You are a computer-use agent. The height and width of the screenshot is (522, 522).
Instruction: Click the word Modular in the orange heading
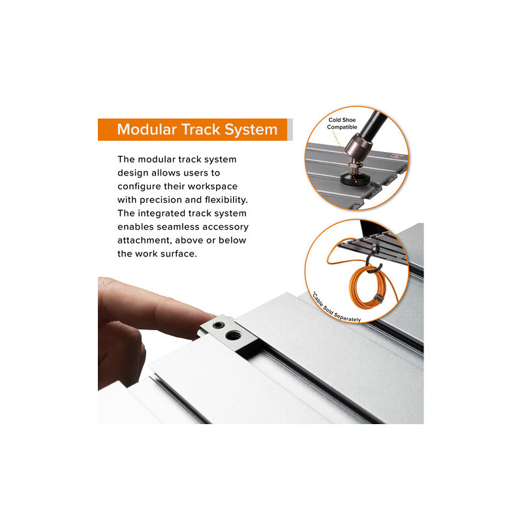146,129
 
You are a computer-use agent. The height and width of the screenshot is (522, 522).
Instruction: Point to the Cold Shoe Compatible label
342,123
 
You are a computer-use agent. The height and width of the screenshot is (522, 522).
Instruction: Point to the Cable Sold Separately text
335,309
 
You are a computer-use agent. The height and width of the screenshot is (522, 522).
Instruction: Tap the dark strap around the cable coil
377,298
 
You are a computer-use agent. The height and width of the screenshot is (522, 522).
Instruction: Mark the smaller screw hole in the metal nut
218,325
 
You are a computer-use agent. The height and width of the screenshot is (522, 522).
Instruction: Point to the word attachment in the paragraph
145,240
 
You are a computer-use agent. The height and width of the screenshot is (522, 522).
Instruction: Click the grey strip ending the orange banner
290,129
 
